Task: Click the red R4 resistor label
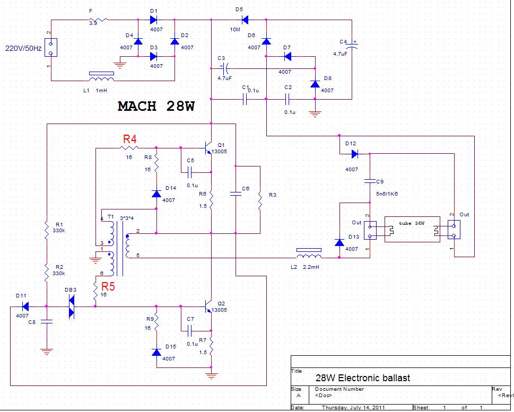coord(130,139)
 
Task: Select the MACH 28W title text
coord(156,106)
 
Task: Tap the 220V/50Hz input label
coord(24,48)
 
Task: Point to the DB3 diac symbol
coord(72,306)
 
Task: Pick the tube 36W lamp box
coord(412,229)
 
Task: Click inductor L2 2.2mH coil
coord(309,257)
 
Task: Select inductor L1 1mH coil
coord(101,80)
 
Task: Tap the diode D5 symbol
coord(246,20)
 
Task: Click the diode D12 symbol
coord(354,154)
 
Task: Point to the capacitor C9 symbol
coord(370,181)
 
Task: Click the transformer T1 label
coord(110,217)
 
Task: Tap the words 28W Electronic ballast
coord(362,378)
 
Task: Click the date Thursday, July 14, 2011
coord(354,408)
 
